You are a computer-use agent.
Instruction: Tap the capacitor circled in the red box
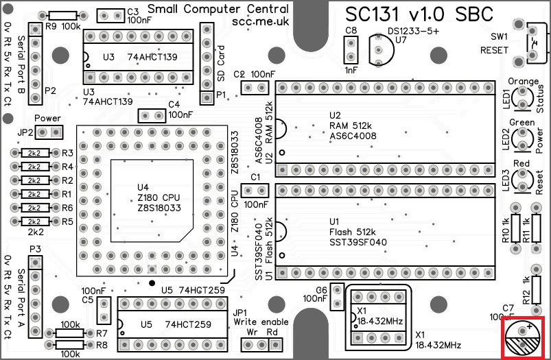click(x=526, y=337)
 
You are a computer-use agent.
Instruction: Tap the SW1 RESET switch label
click(x=494, y=43)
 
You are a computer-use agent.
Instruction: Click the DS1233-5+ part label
click(x=414, y=30)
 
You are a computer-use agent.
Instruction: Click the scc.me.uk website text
click(x=259, y=22)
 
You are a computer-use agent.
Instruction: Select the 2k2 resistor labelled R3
click(x=34, y=153)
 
